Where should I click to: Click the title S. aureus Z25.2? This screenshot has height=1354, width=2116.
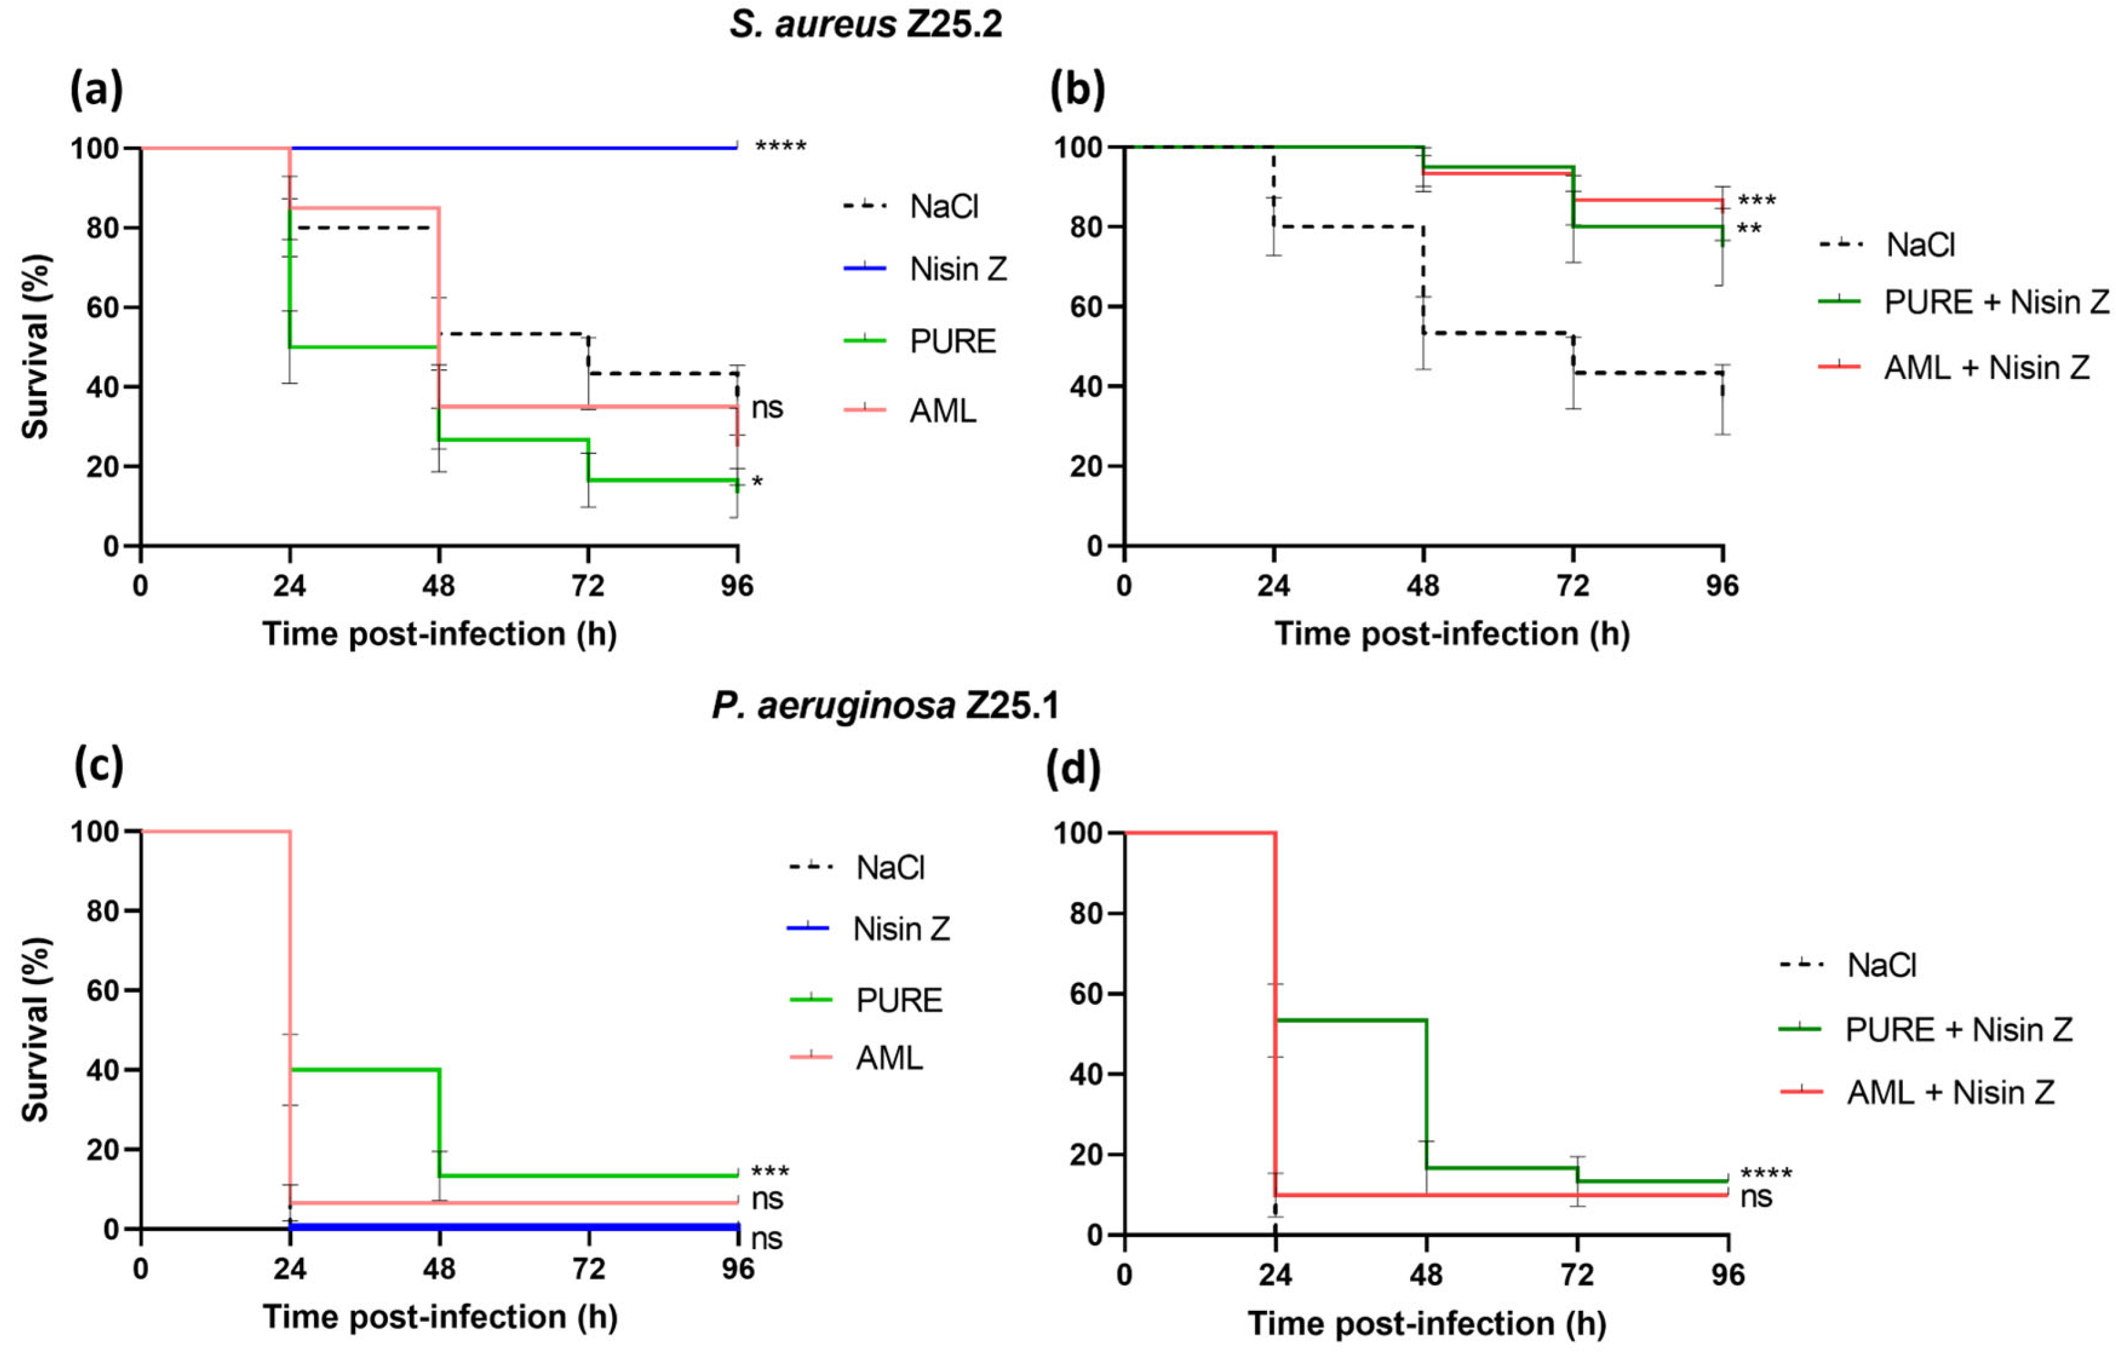click(866, 24)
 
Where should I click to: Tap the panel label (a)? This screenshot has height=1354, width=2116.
click(97, 89)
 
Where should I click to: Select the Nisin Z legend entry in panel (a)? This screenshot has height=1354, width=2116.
click(957, 269)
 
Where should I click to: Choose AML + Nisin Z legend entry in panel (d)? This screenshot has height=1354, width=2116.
click(1950, 1093)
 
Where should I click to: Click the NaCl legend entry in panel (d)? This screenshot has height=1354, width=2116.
click(1881, 965)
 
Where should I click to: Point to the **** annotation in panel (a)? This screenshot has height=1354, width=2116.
click(780, 147)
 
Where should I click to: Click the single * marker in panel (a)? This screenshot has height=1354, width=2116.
click(757, 482)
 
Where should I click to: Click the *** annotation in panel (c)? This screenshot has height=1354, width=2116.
click(770, 1172)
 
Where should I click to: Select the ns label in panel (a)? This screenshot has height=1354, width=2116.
click(767, 408)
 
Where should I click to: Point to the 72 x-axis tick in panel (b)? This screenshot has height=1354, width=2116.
click(1572, 585)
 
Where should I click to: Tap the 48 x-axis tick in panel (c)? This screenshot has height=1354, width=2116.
click(439, 1268)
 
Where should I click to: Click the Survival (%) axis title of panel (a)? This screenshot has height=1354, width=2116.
click(35, 347)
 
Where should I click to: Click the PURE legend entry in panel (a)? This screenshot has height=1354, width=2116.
click(952, 341)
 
